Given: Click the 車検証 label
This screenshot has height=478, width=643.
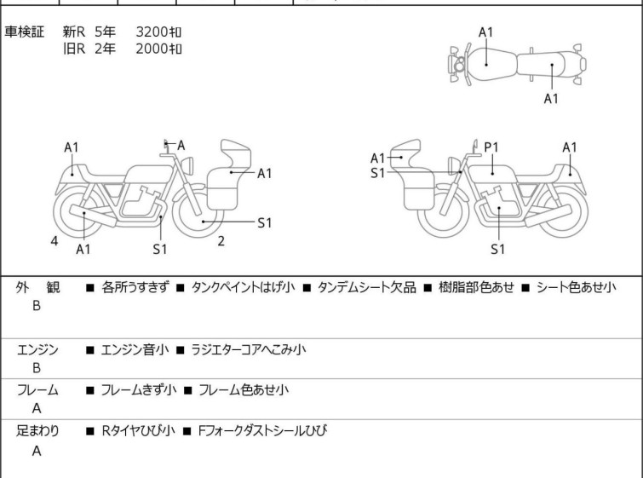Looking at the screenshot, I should [x=25, y=32].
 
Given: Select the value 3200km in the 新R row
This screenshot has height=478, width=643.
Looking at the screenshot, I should [x=159, y=32].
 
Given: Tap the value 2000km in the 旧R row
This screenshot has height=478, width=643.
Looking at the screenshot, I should [x=159, y=49].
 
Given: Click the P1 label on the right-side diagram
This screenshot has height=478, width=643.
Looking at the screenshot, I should [x=491, y=147].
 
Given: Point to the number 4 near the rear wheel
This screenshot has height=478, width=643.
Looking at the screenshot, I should [x=55, y=241].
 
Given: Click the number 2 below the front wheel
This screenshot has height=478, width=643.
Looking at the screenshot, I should [x=221, y=241].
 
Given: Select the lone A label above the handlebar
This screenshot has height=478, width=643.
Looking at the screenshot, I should [x=181, y=146].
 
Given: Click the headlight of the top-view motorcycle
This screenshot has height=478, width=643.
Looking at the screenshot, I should [x=459, y=65].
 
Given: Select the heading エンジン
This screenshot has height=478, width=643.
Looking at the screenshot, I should [x=37, y=349].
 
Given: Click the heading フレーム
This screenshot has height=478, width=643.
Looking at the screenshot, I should [x=37, y=390].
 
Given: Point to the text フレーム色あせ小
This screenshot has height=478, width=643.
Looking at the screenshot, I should [x=243, y=390].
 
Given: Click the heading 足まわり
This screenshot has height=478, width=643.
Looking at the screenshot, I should [x=37, y=431].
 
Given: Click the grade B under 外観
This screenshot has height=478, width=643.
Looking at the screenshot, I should [x=37, y=306].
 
